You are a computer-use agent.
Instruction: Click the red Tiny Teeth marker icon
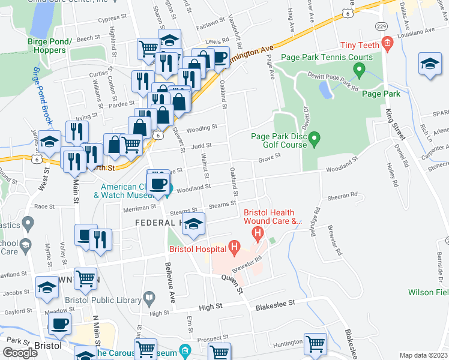point(388,42)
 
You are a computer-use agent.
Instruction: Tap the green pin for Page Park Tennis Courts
point(360,72)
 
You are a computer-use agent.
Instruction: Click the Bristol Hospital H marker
point(235,246)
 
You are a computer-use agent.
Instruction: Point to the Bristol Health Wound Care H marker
point(258,232)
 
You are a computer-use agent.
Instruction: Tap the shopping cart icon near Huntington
point(315,344)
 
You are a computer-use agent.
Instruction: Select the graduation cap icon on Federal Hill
point(193,225)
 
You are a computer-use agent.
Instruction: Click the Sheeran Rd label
point(342,195)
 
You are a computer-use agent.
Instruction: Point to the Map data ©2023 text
point(424,355)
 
